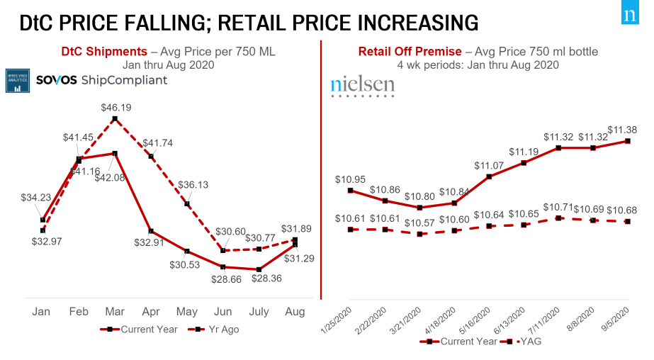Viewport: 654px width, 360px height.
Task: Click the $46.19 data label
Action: (115, 108)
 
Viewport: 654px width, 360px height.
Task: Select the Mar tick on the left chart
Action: (115, 312)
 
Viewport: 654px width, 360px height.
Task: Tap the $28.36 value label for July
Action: (259, 279)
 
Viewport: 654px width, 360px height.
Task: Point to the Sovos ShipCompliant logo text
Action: (101, 79)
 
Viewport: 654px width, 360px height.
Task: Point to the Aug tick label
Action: (295, 312)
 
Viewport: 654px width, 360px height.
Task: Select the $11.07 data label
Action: (490, 165)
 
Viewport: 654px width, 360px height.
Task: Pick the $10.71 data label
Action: (558, 207)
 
